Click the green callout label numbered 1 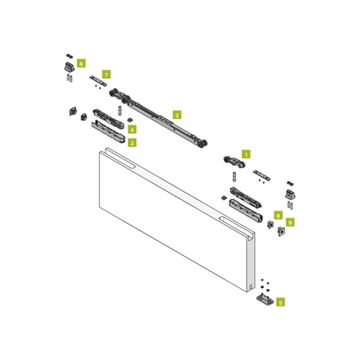[x=246, y=154]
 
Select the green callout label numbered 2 [x=177, y=115]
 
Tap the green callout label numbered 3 [x=132, y=143]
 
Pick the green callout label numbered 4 [x=132, y=130]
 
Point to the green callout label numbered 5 [x=280, y=302]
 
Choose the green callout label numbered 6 [x=81, y=63]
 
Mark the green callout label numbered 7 [x=106, y=75]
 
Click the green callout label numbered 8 [x=278, y=215]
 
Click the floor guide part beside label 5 [x=265, y=299]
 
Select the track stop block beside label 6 [x=69, y=67]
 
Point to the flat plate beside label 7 [x=98, y=81]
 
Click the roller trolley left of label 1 [x=234, y=162]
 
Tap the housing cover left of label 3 [x=108, y=132]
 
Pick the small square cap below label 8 [x=270, y=224]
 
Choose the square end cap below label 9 [x=281, y=231]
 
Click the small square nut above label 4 [x=130, y=120]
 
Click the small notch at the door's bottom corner [x=251, y=287]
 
